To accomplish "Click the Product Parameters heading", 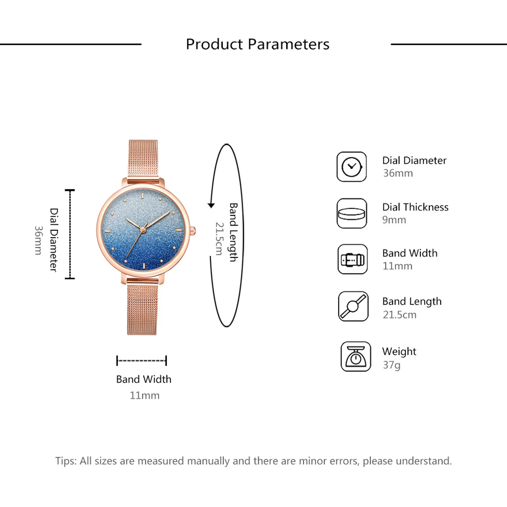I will point(257,44).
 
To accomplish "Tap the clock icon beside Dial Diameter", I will point(352,167).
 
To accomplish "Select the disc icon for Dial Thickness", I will point(352,213).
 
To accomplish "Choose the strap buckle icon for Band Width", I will point(352,259).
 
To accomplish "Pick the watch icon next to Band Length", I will point(353,306).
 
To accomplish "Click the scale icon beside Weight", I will point(356,356).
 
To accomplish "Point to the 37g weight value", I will point(392,365).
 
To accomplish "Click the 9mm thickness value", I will point(394,220).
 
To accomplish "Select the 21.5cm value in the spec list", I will point(399,315).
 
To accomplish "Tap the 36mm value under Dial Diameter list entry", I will point(398,173).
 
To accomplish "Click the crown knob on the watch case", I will point(193,231).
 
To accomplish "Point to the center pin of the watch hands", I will point(143,229).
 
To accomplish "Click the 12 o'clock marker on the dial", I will point(143,195).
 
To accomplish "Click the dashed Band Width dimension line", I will point(142,361).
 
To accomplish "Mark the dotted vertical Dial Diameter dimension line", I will point(70,234).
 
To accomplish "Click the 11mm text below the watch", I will point(144,395).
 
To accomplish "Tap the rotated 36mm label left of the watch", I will point(38,240).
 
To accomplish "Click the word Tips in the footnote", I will point(66,461).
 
